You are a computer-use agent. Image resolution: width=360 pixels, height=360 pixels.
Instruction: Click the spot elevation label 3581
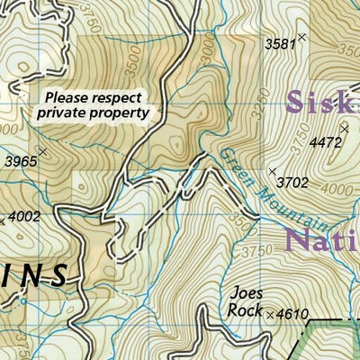point(279,42)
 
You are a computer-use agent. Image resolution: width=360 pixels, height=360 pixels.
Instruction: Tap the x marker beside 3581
point(301,37)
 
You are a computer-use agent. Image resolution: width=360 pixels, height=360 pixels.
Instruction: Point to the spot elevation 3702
point(292,183)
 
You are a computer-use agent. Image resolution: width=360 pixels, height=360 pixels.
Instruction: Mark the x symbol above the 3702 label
point(272,170)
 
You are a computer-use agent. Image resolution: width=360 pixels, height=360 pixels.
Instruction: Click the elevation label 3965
point(20,162)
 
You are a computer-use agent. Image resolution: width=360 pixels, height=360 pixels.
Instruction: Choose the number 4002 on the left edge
point(24,216)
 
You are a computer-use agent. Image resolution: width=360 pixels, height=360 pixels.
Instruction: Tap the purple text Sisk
point(321,101)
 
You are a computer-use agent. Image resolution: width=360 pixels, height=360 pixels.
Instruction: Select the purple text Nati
point(320,240)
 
